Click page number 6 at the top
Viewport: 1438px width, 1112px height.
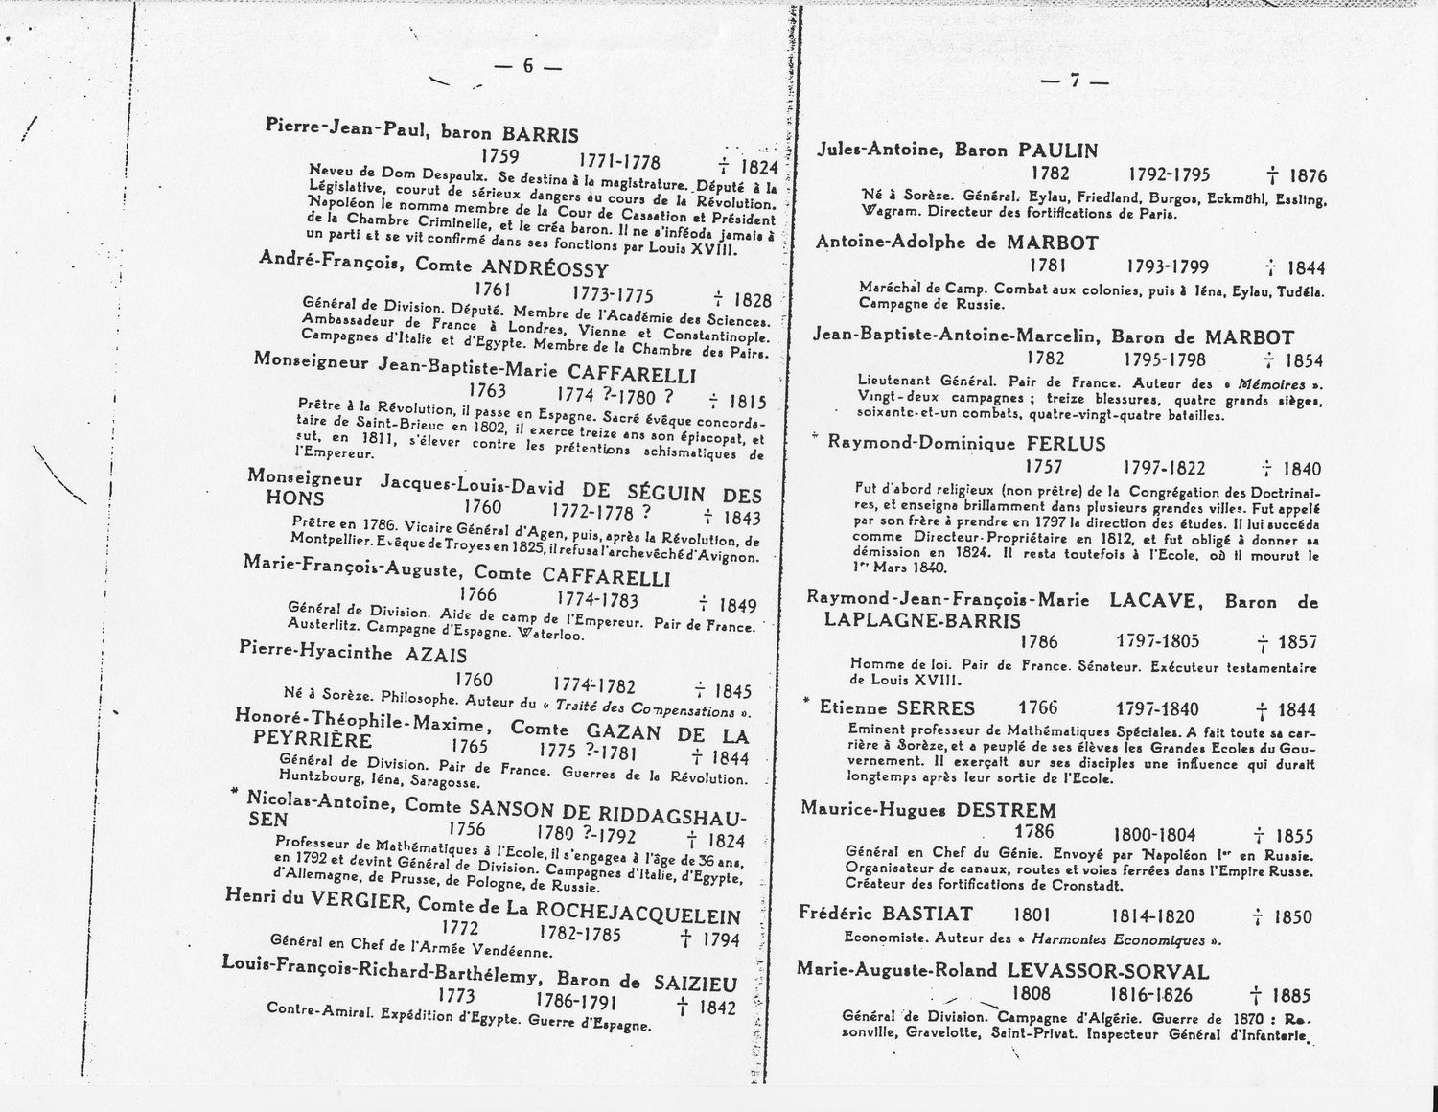click(x=526, y=66)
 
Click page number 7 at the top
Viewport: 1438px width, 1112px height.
click(x=1075, y=81)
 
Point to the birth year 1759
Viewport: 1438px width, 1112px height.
click(x=499, y=156)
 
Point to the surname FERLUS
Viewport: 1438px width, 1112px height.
click(x=1066, y=444)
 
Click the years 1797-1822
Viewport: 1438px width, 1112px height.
click(x=1165, y=467)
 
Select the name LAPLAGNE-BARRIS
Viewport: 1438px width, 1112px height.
click(x=922, y=621)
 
